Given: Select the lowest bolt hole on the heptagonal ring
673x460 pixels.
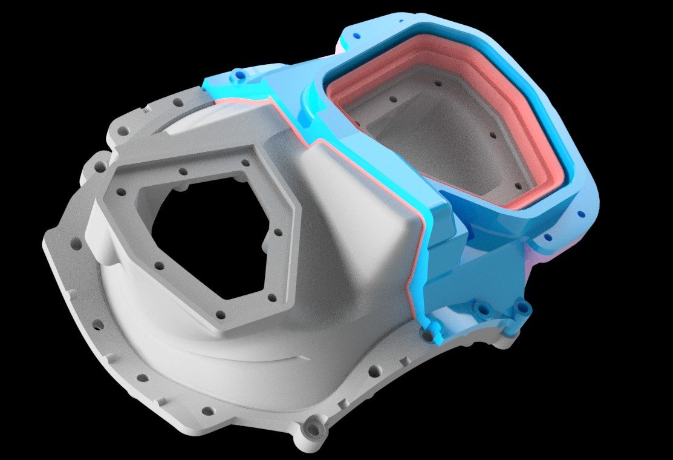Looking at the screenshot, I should coord(221,315).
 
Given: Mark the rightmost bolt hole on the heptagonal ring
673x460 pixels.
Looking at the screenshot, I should coord(279,232).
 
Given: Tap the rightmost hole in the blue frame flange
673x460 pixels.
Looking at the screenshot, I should coord(581,214).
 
